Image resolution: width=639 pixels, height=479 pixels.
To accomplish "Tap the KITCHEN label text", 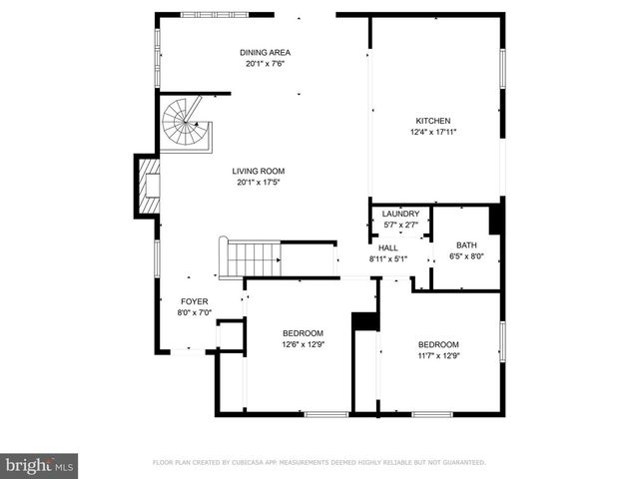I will click(x=433, y=121).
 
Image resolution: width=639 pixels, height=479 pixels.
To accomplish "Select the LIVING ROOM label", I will click(x=260, y=171).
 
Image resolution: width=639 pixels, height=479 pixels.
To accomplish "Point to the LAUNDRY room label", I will click(x=400, y=214).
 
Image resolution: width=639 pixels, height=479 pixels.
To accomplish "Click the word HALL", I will click(x=388, y=248).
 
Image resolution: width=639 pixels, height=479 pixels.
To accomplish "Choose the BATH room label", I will click(x=466, y=245).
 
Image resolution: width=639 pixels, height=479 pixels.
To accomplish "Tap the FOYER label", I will click(x=194, y=301).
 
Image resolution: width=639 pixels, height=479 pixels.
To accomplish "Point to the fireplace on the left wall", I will click(x=148, y=186).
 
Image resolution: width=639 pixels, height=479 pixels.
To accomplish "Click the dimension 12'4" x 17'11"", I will click(x=433, y=133).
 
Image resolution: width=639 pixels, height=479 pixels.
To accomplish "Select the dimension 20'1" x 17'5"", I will click(x=260, y=183).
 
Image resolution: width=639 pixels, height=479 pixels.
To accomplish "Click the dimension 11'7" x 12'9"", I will click(x=438, y=355).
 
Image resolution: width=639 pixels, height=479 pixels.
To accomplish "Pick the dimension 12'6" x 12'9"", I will click(x=303, y=345).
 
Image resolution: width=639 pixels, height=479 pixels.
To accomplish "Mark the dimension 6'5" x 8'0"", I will click(x=466, y=256).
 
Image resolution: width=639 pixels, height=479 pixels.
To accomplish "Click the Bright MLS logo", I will click(x=40, y=465).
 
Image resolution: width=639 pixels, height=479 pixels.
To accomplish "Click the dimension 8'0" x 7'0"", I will click(x=194, y=312).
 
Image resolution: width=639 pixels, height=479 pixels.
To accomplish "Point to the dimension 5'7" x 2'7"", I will click(x=400, y=225).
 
